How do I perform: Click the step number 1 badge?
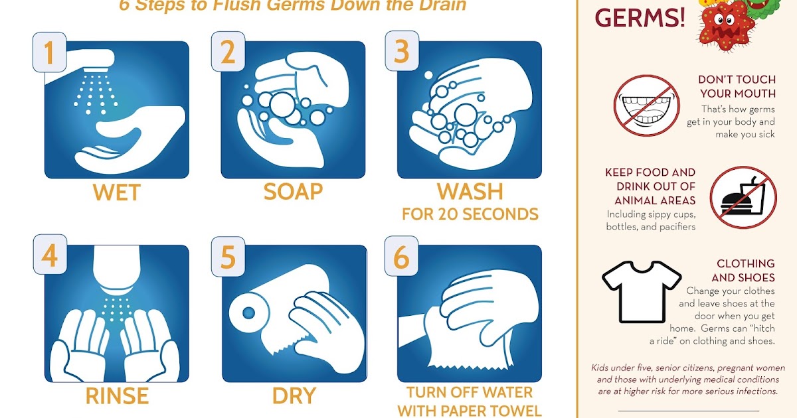pyautogui.click(x=49, y=52)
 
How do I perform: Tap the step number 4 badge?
pyautogui.click(x=49, y=256)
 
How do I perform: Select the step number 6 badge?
pyautogui.click(x=402, y=256)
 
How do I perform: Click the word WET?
pyautogui.click(x=116, y=193)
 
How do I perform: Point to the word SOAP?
pyautogui.click(x=293, y=192)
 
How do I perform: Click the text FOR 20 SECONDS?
pyautogui.click(x=470, y=214)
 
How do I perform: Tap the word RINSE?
pyautogui.click(x=116, y=396)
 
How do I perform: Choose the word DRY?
pyautogui.click(x=293, y=396)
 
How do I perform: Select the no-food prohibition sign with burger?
pyautogui.click(x=743, y=198)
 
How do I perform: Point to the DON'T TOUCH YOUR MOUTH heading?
pyautogui.click(x=737, y=86)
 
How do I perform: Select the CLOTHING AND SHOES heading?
pyautogui.click(x=743, y=271)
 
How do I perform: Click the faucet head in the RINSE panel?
pyautogui.click(x=116, y=272)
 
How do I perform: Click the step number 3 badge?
pyautogui.click(x=402, y=52)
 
